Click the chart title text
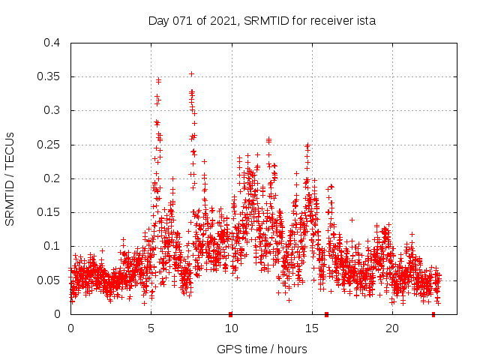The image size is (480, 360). [262, 21]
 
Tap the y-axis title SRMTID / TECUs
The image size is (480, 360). [10, 178]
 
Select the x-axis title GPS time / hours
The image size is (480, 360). [262, 349]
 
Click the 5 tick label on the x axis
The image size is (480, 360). [151, 328]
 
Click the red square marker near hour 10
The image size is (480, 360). [230, 313]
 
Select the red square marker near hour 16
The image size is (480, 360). [326, 313]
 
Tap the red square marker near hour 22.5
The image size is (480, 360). [433, 313]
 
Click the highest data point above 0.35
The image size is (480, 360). [191, 73]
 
